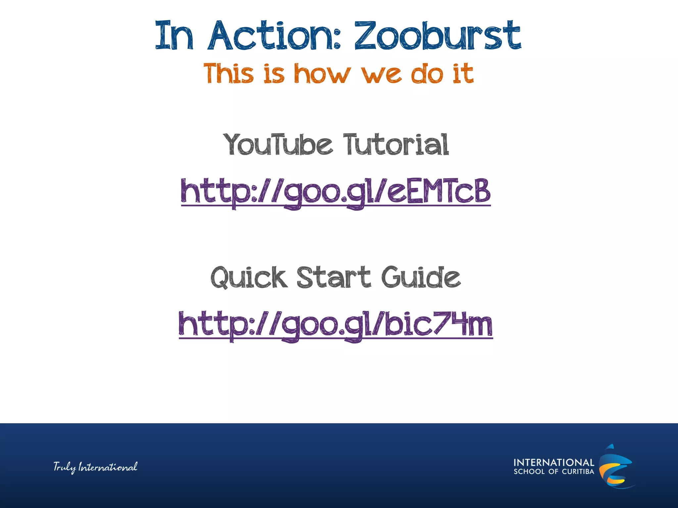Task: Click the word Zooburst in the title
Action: (x=438, y=35)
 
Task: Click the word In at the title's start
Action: (x=174, y=35)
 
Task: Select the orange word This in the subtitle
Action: (x=229, y=73)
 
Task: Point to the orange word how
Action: (x=322, y=73)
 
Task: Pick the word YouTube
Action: (x=278, y=145)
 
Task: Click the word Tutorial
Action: (x=396, y=145)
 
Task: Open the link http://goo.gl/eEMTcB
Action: (x=336, y=192)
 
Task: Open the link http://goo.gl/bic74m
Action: (x=336, y=325)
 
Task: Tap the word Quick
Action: (x=248, y=277)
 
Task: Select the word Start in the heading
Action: (x=334, y=277)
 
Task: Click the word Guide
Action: (x=421, y=277)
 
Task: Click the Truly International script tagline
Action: (x=95, y=467)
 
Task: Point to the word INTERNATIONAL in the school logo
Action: (x=554, y=462)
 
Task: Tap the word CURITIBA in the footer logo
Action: (x=578, y=472)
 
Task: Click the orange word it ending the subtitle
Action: (x=463, y=73)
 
